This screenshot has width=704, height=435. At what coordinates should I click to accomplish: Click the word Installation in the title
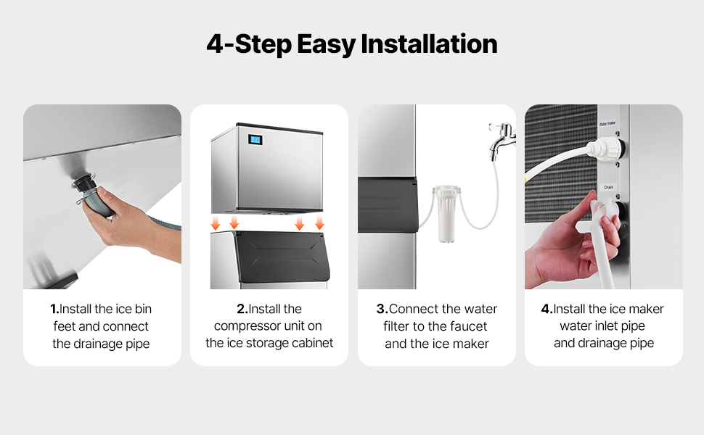(x=429, y=44)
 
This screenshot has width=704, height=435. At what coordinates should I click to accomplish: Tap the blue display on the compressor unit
(x=255, y=139)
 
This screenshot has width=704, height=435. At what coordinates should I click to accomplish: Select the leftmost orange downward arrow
(x=216, y=223)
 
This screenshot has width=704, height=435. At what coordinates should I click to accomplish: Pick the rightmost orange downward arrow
(x=319, y=222)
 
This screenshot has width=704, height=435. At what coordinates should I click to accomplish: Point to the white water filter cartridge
(x=446, y=214)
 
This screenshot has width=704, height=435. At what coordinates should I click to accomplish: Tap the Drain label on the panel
(x=608, y=187)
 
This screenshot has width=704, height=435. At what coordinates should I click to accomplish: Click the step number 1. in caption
(x=54, y=309)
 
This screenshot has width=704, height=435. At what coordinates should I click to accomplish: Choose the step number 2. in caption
(x=242, y=309)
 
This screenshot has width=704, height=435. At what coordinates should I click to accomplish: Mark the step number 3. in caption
(x=382, y=309)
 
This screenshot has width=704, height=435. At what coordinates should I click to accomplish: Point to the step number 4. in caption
(x=547, y=309)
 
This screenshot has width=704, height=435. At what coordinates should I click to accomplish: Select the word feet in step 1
(x=64, y=326)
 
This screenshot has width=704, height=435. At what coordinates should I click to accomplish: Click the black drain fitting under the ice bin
(x=83, y=184)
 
